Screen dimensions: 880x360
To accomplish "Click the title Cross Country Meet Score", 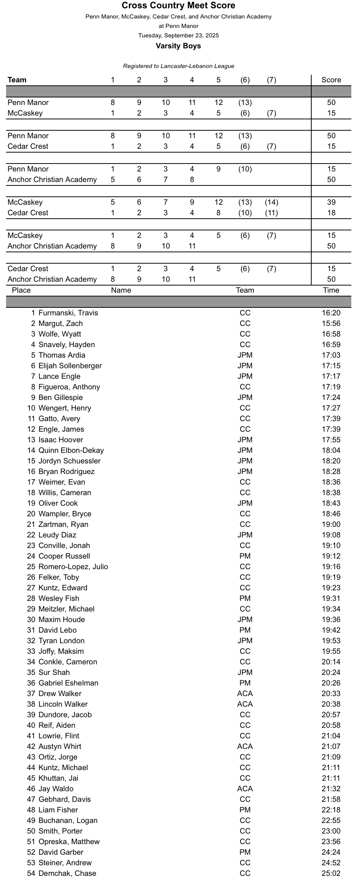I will (x=178, y=5).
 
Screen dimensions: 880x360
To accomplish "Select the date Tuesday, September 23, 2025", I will (x=178, y=36).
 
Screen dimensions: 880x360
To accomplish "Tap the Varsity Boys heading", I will (x=178, y=46).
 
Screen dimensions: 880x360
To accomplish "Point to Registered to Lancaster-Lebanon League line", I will (x=178, y=66).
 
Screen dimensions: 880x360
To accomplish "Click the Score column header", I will (x=331, y=80).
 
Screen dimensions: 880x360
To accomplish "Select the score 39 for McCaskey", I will (x=331, y=202).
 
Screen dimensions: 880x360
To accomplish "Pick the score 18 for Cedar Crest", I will (x=331, y=213).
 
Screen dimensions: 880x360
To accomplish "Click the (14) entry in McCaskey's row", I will (x=271, y=202).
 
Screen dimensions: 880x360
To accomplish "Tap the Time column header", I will (x=331, y=290).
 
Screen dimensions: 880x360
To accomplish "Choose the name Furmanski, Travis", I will (x=68, y=313).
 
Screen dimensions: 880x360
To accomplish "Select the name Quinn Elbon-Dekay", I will (x=71, y=450).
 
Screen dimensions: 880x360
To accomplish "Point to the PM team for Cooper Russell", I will (x=245, y=556).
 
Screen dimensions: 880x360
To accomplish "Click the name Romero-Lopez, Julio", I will (x=73, y=567).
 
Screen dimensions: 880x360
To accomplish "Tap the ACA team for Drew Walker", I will (x=245, y=693).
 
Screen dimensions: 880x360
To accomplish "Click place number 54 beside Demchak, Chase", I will (x=31, y=873).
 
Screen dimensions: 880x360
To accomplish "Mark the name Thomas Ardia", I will (x=62, y=355).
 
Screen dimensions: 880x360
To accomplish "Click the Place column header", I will (x=21, y=290).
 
